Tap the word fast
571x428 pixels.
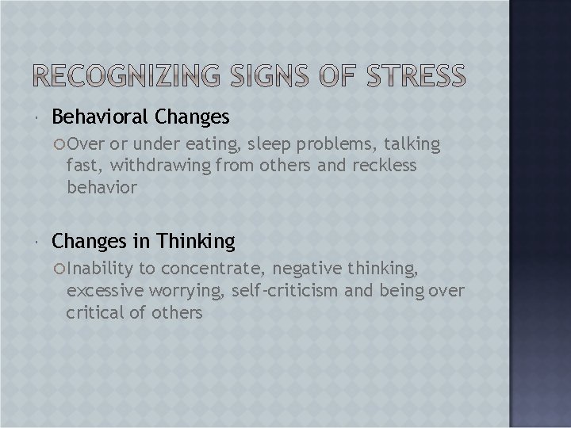[84, 165]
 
